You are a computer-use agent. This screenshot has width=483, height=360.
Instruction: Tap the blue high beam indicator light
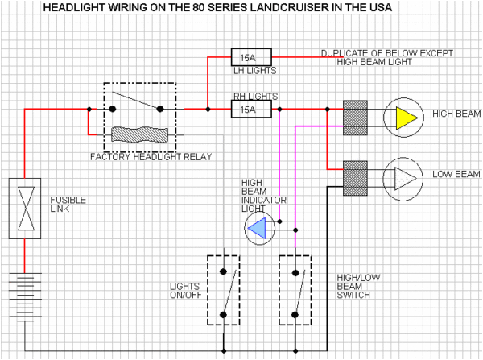tap(259, 229)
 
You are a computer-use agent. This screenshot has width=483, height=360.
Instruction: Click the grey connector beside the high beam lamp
tap(355, 118)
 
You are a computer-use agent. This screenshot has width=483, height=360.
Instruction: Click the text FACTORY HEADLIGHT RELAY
tap(151, 156)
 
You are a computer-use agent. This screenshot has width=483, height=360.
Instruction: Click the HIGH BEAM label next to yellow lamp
tap(455, 114)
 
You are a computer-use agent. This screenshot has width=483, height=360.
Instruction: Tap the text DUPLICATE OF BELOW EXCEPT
tap(386, 53)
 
